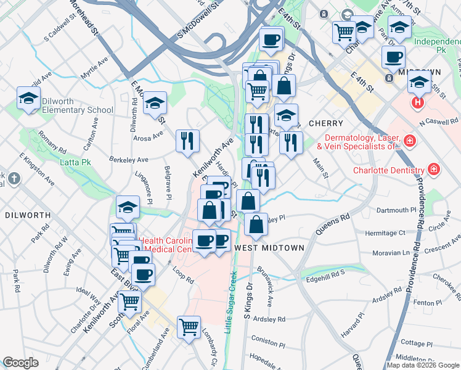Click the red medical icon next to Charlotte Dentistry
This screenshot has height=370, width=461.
coord(434,169)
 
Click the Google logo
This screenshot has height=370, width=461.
coord(20,363)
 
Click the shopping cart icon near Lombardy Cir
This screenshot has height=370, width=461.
coord(189,326)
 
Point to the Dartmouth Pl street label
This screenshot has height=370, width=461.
coord(396,210)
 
